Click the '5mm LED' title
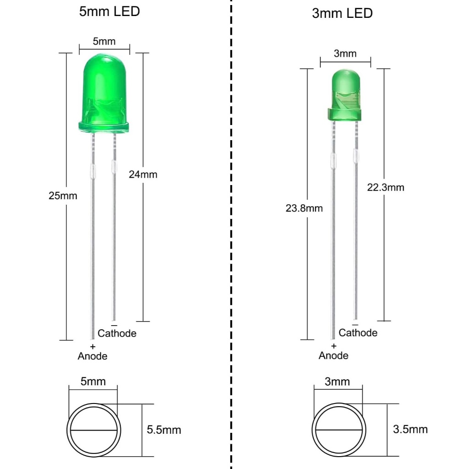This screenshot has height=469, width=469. [109, 11]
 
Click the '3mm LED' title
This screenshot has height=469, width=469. [342, 13]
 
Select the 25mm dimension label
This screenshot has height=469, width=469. [63, 196]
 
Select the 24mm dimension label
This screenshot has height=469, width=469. [143, 175]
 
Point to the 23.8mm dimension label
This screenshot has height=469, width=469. [304, 208]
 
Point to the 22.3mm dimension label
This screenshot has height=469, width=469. [386, 187]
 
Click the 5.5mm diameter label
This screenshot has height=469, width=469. [164, 430]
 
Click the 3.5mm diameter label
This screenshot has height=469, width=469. [410, 429]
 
